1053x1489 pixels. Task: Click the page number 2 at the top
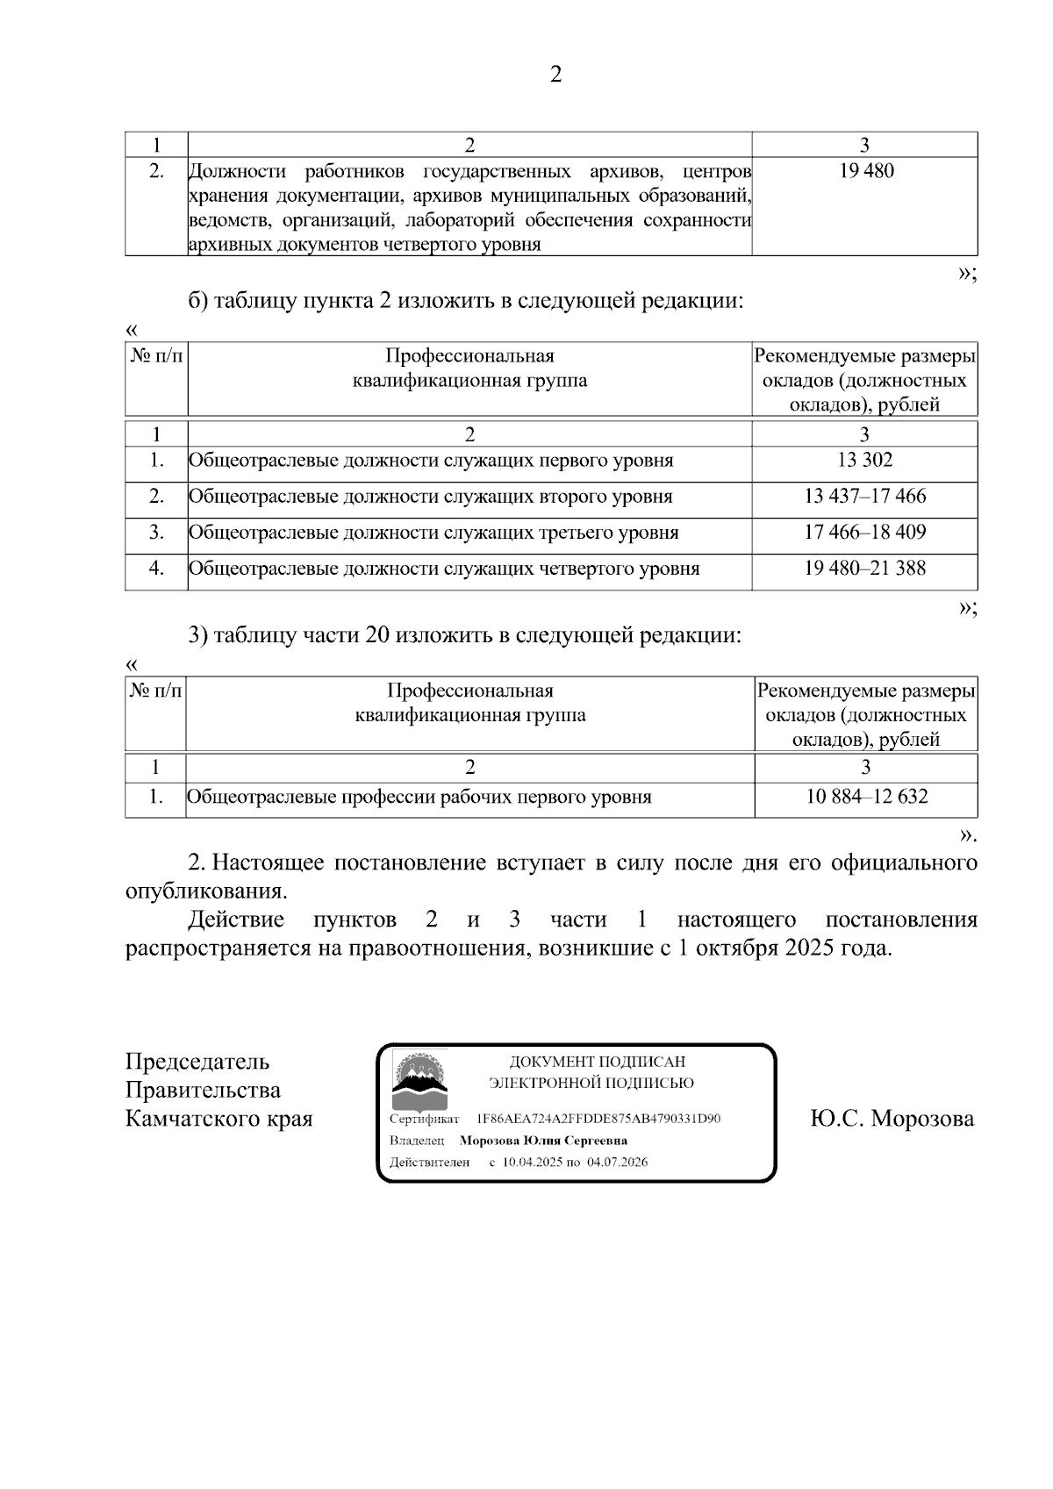coord(555,75)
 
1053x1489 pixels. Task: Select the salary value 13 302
coord(864,461)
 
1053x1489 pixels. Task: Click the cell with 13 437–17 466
coord(864,497)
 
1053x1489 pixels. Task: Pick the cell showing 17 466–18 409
coord(864,533)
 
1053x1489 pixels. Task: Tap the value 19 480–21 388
coord(864,569)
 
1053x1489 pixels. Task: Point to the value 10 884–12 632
coord(866,797)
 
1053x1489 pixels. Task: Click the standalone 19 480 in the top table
coord(865,172)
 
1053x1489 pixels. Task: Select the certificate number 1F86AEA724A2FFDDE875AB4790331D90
coord(598,1120)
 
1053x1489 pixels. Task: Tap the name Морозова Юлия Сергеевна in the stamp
coord(543,1141)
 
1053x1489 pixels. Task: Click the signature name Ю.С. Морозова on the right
coord(892,1120)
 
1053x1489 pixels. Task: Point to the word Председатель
coord(197,1062)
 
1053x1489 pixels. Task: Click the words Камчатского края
coord(218,1120)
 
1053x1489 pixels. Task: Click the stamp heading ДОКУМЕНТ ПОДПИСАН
coord(597,1063)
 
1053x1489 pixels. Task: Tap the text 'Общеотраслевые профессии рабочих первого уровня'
coord(419,797)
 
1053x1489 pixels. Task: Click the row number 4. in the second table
coord(156,569)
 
